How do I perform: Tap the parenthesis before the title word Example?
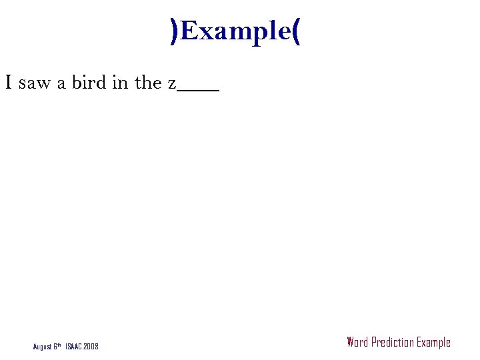click(175, 31)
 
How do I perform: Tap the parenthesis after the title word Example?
click(296, 31)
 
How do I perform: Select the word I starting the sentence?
click(9, 83)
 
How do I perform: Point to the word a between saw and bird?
click(61, 84)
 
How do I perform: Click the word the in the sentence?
click(148, 83)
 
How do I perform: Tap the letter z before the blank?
click(171, 84)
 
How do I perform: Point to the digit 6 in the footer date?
click(55, 347)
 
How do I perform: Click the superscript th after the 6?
click(60, 345)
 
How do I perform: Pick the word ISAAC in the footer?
click(75, 347)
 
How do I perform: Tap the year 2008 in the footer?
click(91, 347)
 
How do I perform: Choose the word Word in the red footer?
click(357, 343)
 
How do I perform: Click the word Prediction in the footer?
click(392, 343)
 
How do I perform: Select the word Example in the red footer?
click(433, 343)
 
